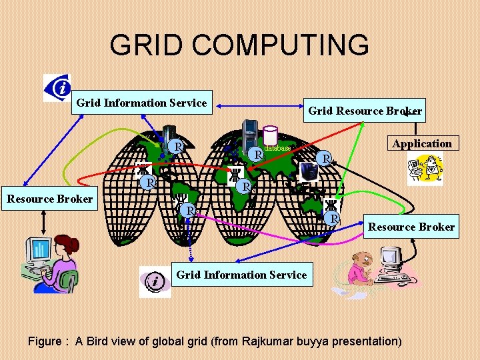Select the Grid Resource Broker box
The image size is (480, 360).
(365, 111)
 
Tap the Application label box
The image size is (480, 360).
(422, 143)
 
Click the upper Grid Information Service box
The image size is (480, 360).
(141, 103)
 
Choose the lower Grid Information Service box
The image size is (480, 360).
(241, 275)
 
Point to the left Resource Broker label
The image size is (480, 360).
(50, 199)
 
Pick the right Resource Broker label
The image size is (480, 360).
(411, 227)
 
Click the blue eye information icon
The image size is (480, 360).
(58, 87)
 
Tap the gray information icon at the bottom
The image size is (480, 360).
(155, 281)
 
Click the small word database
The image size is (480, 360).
(277, 148)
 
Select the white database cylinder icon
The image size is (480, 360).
(270, 135)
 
